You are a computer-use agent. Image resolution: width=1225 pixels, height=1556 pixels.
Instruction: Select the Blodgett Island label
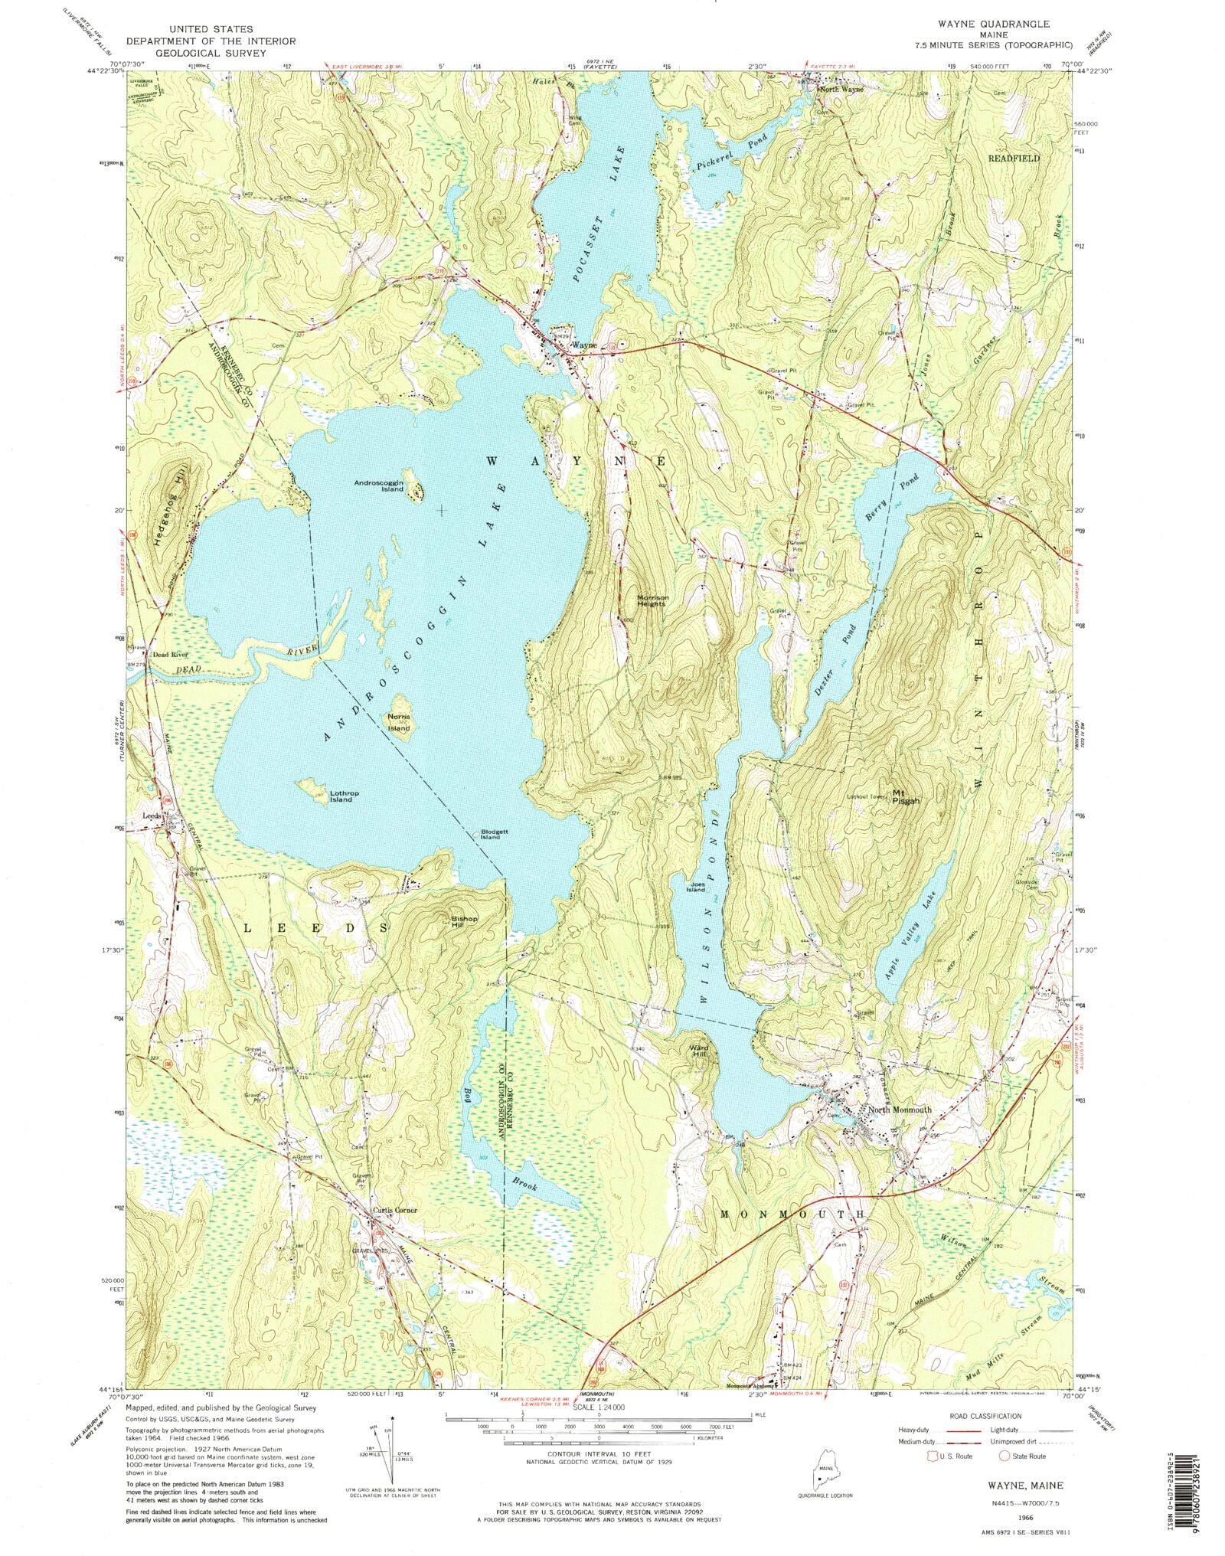(490, 834)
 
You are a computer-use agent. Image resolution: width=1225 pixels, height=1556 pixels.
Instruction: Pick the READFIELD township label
(1014, 158)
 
